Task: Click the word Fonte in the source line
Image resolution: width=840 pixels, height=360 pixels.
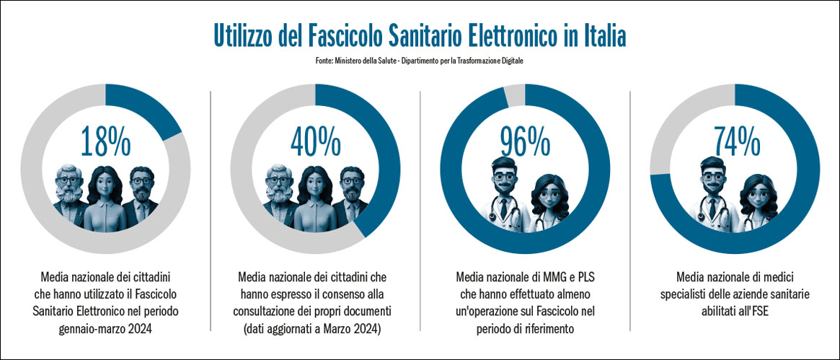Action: (324, 61)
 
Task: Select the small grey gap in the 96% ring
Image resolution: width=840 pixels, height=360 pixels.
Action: (514, 95)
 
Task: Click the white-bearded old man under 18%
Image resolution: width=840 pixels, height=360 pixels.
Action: (69, 189)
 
